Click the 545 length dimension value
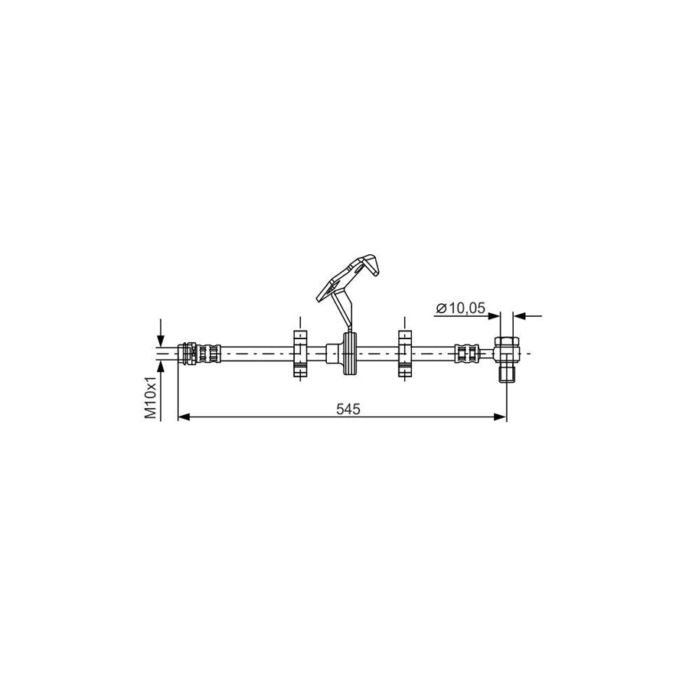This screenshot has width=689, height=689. (348, 409)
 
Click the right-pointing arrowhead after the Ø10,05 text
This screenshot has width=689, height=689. (495, 315)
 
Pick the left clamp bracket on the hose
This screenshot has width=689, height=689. (300, 354)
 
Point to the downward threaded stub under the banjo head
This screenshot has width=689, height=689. (505, 373)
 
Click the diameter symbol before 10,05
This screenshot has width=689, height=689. (441, 308)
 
